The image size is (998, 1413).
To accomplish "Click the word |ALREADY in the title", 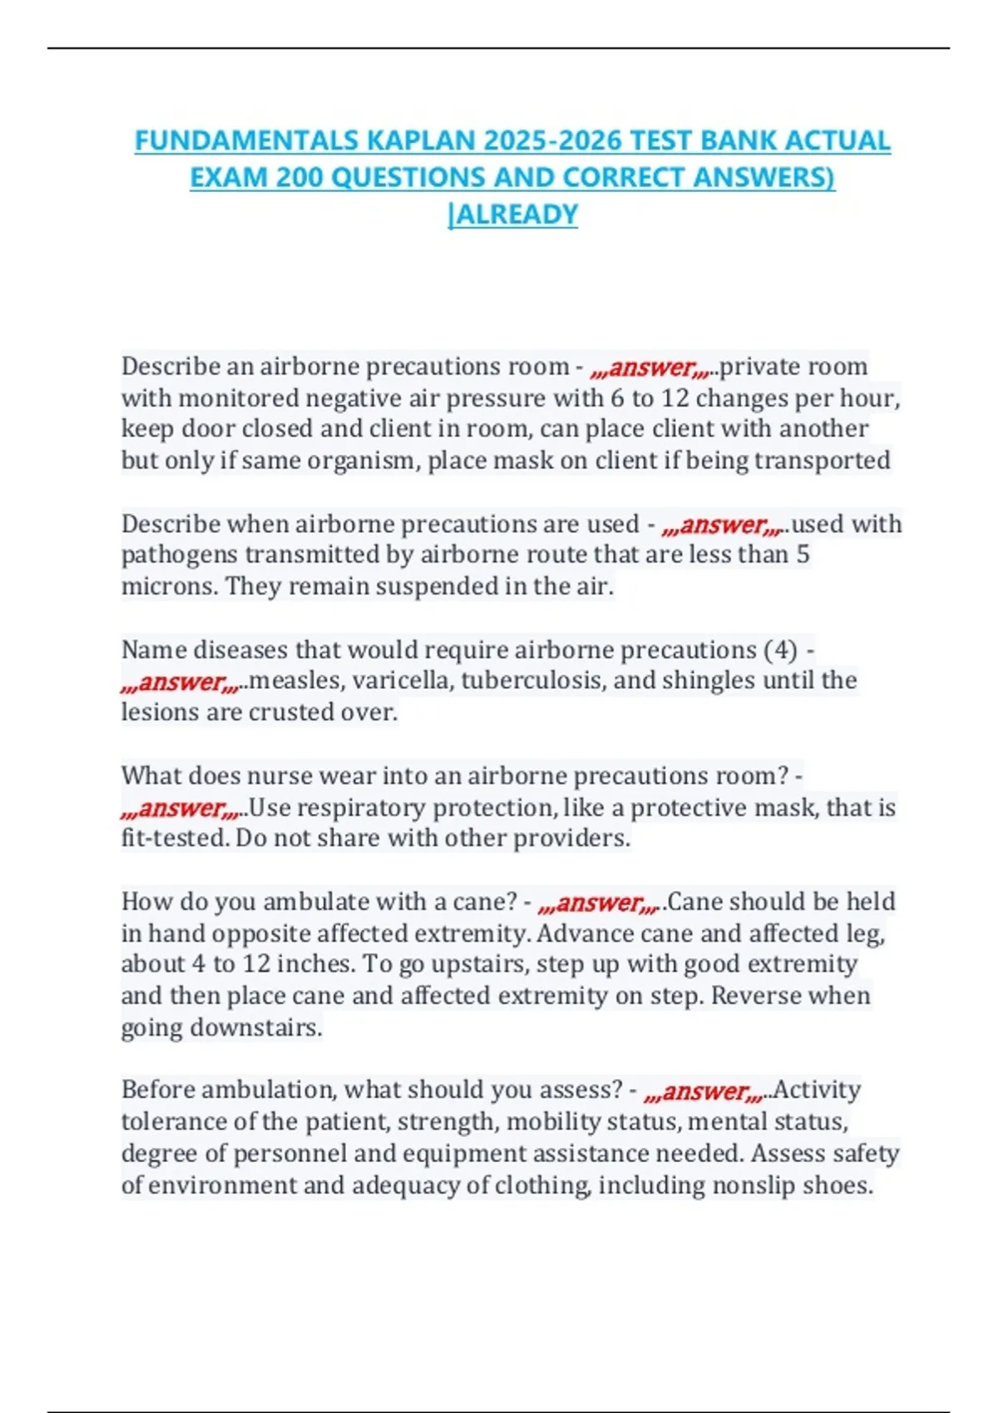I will click(512, 214).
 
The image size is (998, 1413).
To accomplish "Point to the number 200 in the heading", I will click(299, 177).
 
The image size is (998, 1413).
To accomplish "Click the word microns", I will click(170, 587).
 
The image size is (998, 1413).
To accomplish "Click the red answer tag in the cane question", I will click(600, 902).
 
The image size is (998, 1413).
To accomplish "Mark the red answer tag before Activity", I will click(706, 1091).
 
